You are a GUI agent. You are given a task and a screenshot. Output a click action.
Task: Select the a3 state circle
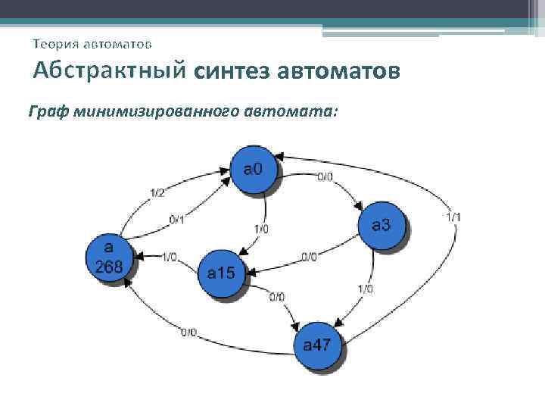click(x=381, y=225)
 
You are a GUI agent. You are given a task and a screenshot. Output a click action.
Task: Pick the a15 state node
click(x=222, y=273)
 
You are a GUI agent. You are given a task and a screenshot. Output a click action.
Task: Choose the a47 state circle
click(x=317, y=346)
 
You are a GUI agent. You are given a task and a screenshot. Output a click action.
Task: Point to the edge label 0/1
click(x=176, y=220)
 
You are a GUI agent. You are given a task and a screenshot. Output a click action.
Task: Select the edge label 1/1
click(x=453, y=217)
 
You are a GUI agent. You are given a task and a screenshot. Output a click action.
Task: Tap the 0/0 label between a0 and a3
click(x=324, y=176)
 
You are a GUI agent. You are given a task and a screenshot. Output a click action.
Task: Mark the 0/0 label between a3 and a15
click(x=309, y=257)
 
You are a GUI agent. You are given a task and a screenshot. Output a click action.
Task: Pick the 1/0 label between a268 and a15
click(x=169, y=257)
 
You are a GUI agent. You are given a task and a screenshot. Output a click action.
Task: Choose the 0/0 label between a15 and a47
click(x=277, y=296)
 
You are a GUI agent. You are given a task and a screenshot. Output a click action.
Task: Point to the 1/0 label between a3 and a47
click(x=366, y=289)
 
